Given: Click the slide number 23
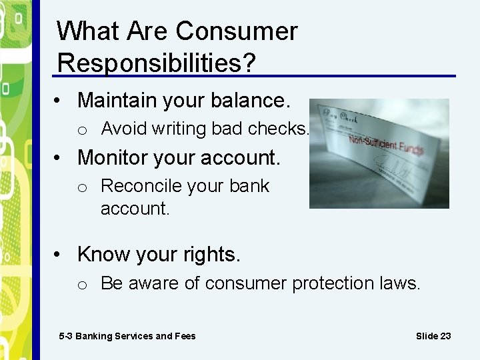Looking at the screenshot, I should click(x=445, y=336).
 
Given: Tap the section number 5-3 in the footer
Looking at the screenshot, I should click(x=66, y=336).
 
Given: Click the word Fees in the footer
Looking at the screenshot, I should click(x=185, y=336).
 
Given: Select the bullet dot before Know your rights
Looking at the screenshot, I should click(x=60, y=255).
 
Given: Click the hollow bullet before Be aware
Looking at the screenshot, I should click(x=82, y=285).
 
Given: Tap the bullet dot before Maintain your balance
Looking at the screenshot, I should click(x=60, y=101).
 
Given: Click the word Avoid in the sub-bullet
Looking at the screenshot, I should click(x=124, y=129).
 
